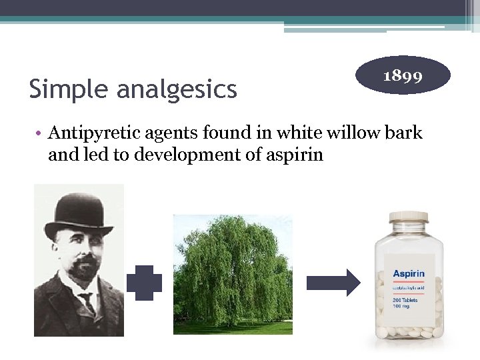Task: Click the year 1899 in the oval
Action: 403,75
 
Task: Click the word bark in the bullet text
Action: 405,133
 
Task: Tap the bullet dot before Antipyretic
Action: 41,133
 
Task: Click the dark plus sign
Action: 144,283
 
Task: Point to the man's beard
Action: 84,271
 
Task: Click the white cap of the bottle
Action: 409,218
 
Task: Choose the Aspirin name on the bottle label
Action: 409,274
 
